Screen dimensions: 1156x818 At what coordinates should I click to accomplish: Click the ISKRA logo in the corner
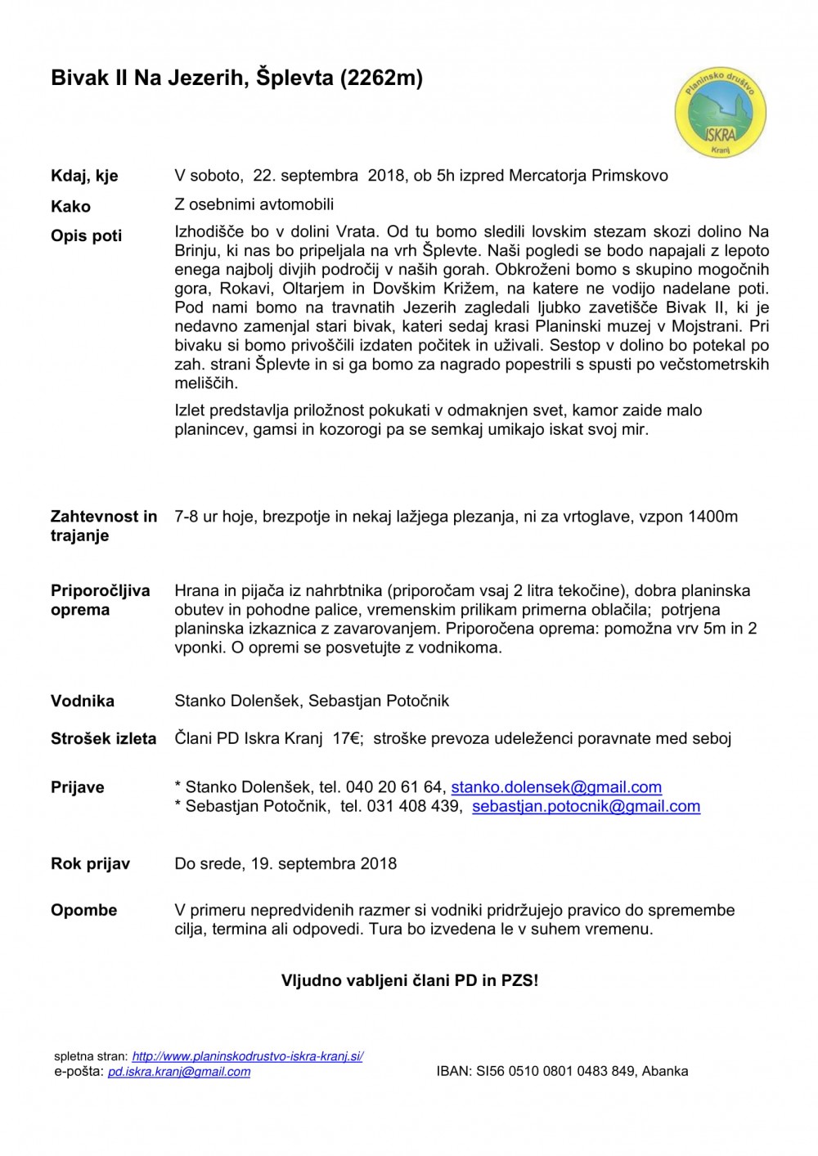pos(720,113)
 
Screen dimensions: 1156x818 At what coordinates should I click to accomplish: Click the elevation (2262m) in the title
pos(380,78)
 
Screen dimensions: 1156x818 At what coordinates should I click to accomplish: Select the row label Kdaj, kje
pos(84,176)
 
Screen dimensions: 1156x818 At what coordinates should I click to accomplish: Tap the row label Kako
pos(70,206)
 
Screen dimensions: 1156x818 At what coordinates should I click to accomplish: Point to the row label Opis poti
pos(86,235)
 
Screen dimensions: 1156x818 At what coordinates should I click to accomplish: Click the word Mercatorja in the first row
pos(547,176)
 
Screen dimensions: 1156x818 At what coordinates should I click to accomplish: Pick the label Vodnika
pos(83,701)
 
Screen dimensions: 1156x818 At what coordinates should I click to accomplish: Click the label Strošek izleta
pos(103,738)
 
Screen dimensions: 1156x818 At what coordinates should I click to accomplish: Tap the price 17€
pos(348,738)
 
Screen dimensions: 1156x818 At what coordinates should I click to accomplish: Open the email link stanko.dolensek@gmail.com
pos(556,787)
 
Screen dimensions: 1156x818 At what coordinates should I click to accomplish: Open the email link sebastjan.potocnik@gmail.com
pos(586,806)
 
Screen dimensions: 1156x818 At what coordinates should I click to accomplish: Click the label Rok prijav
pos(90,863)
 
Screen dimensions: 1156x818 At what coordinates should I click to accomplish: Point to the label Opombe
pos(83,910)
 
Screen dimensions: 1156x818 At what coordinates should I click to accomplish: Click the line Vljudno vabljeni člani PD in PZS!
pos(410,980)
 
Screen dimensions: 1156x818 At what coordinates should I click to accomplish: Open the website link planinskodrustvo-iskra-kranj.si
pos(248,1056)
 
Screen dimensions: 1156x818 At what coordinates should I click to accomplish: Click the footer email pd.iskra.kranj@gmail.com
pos(179,1071)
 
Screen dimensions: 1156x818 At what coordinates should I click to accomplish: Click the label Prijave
pos(78,787)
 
